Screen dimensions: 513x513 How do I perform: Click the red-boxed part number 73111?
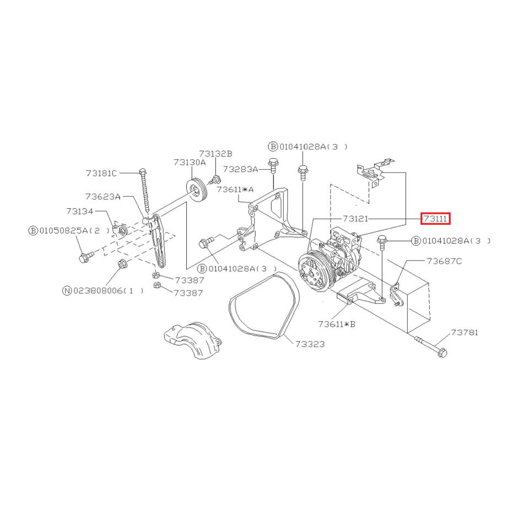[x=435, y=219]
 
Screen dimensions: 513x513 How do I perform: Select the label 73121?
[x=355, y=219]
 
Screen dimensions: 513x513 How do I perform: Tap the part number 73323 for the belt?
[x=310, y=344]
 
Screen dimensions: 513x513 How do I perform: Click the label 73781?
[x=465, y=332]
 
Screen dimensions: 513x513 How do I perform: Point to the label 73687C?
[x=444, y=261]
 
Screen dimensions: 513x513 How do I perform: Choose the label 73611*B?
[x=337, y=324]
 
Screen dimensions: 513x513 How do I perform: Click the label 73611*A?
[x=235, y=190]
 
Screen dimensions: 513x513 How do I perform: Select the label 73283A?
[x=240, y=169]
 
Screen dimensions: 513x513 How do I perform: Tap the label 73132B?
[x=215, y=153]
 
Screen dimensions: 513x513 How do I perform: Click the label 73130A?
[x=190, y=162]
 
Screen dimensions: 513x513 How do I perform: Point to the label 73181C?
[x=101, y=173]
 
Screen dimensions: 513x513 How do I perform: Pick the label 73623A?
[x=102, y=197]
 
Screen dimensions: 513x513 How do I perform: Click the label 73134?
[x=80, y=212]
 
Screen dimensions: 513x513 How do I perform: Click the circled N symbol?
[x=67, y=290]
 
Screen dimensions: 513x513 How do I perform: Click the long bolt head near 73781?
[x=442, y=353]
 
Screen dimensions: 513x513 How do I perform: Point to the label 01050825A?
[x=63, y=231]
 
